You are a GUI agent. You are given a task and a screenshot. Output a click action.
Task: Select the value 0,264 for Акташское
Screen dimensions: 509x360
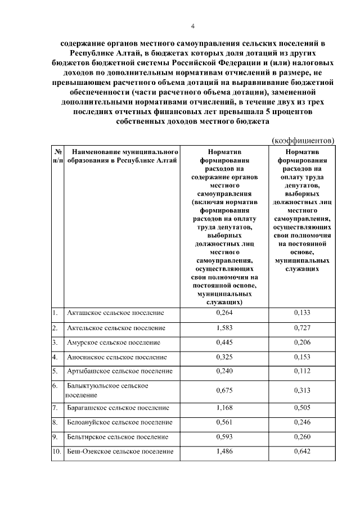tap(224, 313)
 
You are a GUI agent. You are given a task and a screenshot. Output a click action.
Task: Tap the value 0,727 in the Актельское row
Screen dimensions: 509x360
tap(302, 327)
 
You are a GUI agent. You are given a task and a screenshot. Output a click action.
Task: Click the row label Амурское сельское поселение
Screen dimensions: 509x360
tap(114, 343)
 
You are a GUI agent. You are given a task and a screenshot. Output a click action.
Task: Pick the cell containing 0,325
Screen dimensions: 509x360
tap(224, 357)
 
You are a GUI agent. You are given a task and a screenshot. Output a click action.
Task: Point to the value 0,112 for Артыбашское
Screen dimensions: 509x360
tap(302, 371)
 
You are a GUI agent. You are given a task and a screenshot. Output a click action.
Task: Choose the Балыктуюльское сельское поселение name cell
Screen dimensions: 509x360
tap(107, 390)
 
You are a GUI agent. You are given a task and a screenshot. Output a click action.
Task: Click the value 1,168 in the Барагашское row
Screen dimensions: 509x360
tap(224, 407)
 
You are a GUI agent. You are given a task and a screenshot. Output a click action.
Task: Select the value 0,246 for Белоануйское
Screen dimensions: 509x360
tap(302, 422)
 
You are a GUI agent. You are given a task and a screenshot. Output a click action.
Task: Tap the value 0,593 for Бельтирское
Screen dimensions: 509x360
tap(224, 436)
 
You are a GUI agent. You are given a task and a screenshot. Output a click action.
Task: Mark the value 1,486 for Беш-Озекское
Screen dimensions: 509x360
tap(224, 451)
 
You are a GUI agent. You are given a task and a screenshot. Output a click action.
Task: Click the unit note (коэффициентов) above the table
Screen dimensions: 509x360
tap(303, 139)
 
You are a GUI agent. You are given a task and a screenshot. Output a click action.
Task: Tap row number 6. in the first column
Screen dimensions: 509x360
tap(55, 386)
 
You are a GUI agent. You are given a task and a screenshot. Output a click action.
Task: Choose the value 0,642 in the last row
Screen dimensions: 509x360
tap(302, 451)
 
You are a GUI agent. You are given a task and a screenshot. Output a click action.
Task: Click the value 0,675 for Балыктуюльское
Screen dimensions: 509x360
tap(224, 390)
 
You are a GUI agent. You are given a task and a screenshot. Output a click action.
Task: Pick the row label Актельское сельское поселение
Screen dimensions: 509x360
tap(116, 327)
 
